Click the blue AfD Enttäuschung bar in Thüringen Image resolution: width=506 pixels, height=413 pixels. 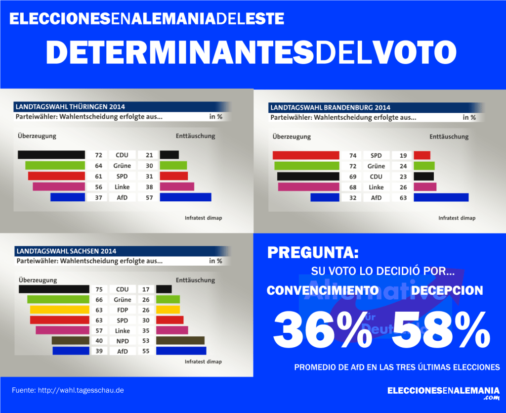[x=185, y=197]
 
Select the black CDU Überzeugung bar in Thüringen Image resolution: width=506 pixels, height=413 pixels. [x=51, y=155]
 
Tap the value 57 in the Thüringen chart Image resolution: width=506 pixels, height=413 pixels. [x=149, y=197]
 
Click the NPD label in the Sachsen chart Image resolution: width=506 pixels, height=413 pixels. [x=123, y=341]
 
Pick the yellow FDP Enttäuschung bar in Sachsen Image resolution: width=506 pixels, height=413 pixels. [x=168, y=310]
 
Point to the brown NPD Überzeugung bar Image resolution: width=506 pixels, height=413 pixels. [x=71, y=341]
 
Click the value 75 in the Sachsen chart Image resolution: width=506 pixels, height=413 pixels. [x=98, y=289]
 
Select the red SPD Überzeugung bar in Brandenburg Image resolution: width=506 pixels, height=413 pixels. [x=306, y=155]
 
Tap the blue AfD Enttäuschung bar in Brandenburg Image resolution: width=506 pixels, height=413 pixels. [x=441, y=197]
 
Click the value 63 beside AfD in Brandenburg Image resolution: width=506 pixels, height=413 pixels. [x=402, y=197]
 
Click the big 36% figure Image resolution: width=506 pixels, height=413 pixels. [x=322, y=330]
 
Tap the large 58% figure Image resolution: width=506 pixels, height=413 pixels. [x=441, y=330]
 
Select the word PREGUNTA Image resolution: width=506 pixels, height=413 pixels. [x=313, y=253]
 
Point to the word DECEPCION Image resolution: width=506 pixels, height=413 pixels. [x=447, y=290]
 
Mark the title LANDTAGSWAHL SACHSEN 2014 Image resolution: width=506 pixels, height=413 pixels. [x=66, y=251]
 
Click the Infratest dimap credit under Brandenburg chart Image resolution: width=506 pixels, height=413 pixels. [x=457, y=218]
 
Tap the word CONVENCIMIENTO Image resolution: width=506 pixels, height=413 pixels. [x=323, y=290]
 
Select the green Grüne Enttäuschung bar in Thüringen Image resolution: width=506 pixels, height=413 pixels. [x=173, y=166]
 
